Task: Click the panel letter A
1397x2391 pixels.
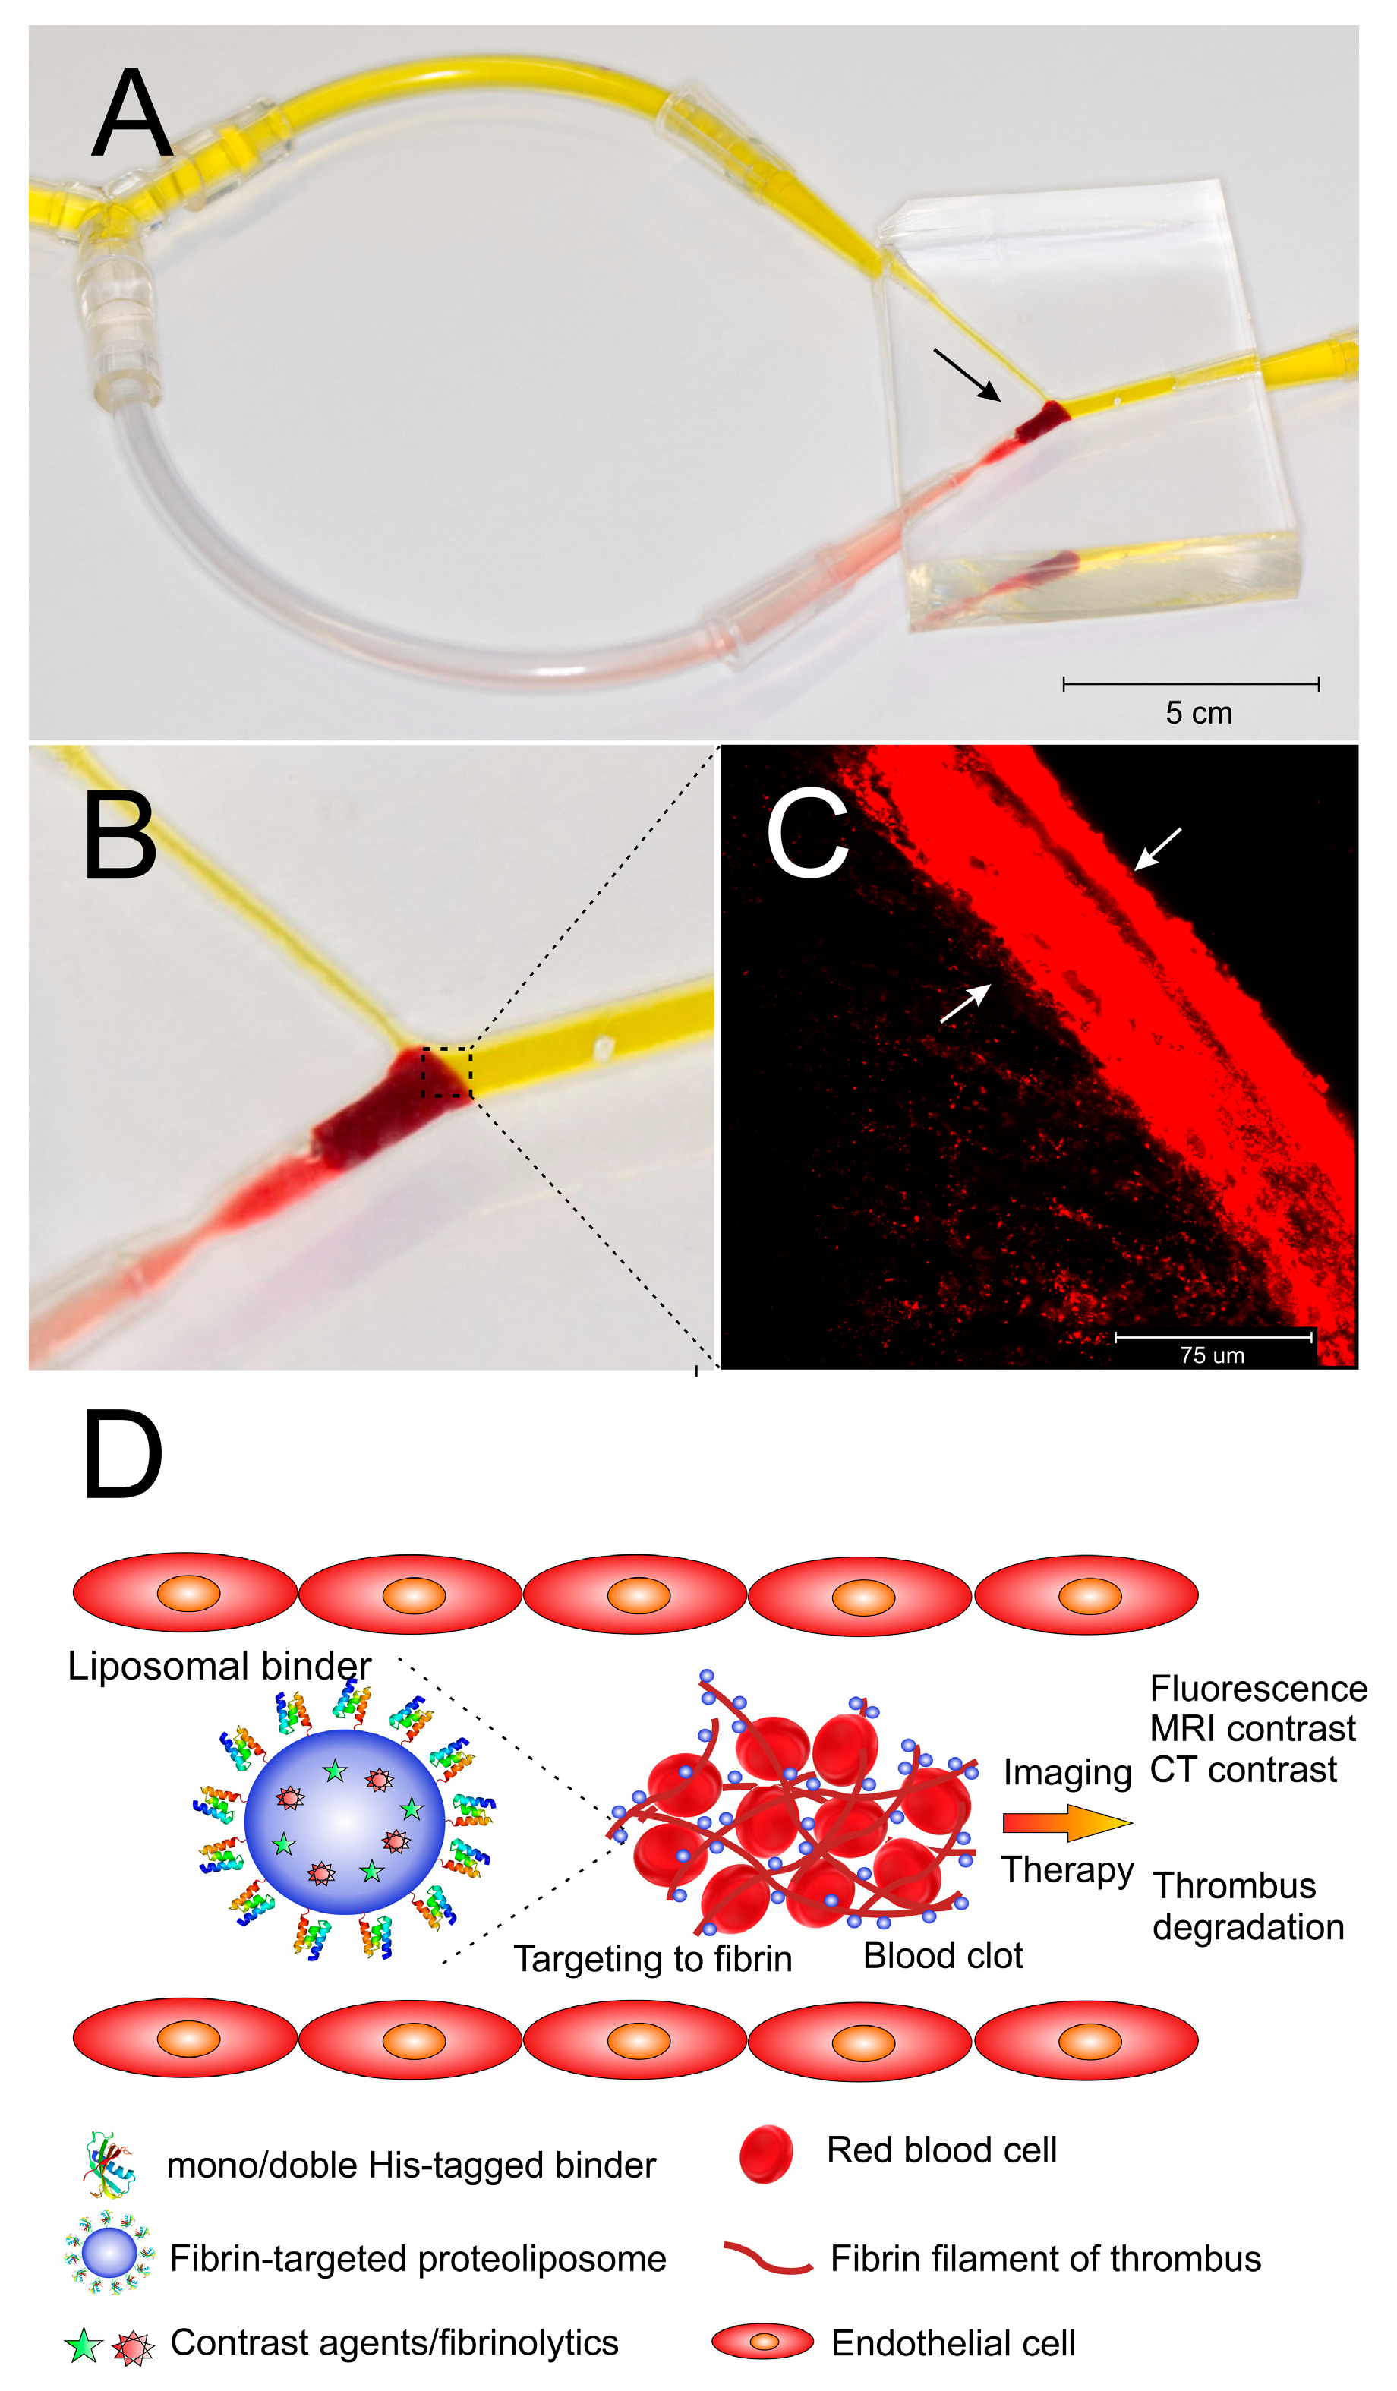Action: tap(132, 114)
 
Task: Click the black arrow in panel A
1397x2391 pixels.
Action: tap(966, 374)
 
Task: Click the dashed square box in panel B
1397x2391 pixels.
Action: tap(446, 1072)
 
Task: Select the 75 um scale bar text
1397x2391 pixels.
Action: tap(1212, 1355)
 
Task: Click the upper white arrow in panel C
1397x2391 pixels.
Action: tap(1158, 847)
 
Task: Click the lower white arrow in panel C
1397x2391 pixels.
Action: tap(965, 1003)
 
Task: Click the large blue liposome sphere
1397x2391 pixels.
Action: tap(343, 1822)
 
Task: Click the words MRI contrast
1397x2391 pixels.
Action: tap(1252, 1729)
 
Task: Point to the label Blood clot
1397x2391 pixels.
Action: tap(942, 1955)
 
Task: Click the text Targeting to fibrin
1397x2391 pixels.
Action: tap(652, 1958)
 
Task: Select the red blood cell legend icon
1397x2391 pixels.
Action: tap(766, 2154)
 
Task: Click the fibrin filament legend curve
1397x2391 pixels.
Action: tap(767, 2257)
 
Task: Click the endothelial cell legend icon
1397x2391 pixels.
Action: tap(762, 2342)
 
